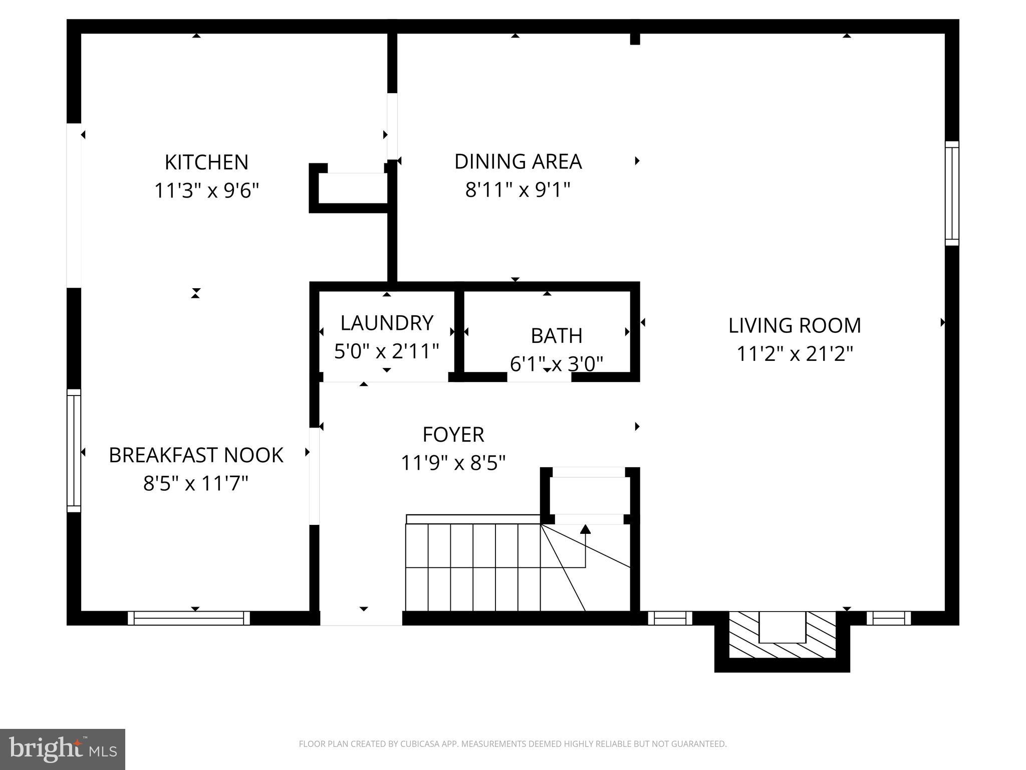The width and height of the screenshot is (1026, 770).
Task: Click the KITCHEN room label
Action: [206, 162]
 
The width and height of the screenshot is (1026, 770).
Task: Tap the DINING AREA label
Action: [518, 161]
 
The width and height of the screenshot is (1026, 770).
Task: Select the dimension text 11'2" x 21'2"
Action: [795, 354]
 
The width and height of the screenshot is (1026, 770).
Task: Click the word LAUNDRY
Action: [386, 323]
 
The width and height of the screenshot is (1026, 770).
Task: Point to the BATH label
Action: [556, 336]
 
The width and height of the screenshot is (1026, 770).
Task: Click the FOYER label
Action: [453, 435]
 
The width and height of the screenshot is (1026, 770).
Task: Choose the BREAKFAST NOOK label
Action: [196, 455]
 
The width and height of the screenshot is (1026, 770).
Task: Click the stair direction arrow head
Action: [585, 529]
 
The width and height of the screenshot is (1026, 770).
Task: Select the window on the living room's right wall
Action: [952, 194]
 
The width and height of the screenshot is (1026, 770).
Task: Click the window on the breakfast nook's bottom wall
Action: [188, 618]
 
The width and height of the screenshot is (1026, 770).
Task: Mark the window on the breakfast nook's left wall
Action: [74, 450]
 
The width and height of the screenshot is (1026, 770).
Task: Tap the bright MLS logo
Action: [62, 749]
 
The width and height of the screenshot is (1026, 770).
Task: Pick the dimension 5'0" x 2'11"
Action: [386, 351]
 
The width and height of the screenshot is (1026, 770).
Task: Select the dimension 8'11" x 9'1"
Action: [518, 190]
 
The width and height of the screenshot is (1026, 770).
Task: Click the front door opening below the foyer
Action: [361, 618]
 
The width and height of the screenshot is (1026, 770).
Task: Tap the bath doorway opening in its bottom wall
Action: [539, 377]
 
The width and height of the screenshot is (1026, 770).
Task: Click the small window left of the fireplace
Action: [670, 618]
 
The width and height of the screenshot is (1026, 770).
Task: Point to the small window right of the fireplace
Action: [889, 618]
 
